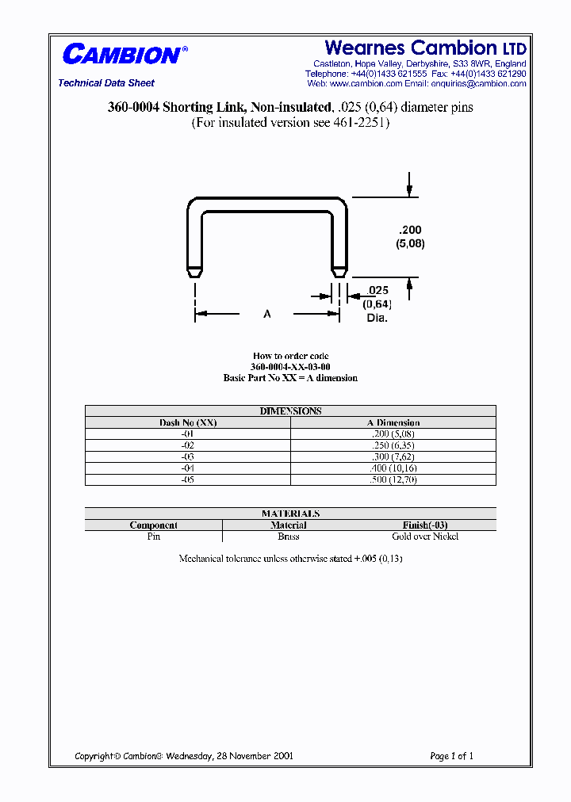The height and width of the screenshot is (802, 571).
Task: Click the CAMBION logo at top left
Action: [124, 55]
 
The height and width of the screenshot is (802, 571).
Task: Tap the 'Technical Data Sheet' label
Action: [106, 83]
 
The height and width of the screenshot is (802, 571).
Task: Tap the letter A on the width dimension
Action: [267, 315]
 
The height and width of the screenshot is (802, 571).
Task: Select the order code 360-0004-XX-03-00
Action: [290, 367]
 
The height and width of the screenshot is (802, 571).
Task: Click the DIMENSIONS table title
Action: [290, 411]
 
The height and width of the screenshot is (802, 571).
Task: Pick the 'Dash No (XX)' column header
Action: [188, 422]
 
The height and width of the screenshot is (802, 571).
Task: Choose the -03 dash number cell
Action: [188, 457]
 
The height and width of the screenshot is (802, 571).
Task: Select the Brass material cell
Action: [289, 537]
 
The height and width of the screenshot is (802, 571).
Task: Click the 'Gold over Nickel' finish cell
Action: [425, 537]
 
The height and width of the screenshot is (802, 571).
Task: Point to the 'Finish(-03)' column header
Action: [425, 525]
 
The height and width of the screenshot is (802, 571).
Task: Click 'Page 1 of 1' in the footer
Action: [451, 756]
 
